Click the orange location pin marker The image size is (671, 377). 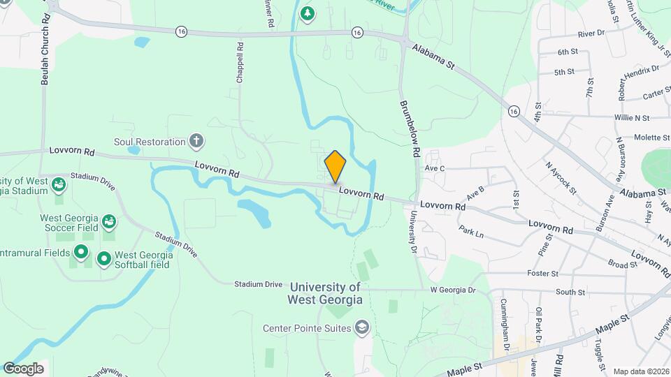335,166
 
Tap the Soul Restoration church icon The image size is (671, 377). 197,142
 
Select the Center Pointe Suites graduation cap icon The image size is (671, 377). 362,327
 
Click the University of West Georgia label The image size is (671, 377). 325,293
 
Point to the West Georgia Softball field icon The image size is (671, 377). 104,260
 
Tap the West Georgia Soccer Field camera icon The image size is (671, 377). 109,222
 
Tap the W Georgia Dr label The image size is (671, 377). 452,290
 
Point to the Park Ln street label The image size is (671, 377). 471,231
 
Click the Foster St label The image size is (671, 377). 543,274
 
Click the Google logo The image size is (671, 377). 23,368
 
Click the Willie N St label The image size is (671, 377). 632,118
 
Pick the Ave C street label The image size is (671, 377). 435,168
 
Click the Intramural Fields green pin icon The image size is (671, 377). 81,252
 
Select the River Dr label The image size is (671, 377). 591,34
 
